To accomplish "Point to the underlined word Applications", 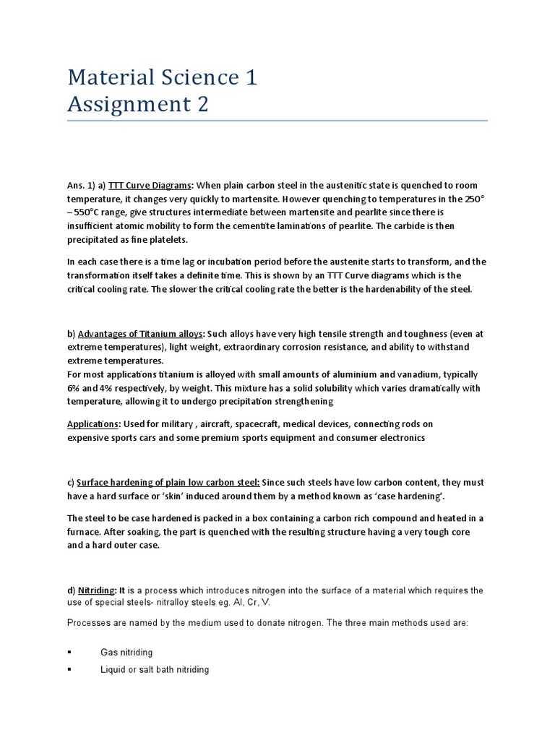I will [x=92, y=424].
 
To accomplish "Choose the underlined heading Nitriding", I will [x=96, y=590].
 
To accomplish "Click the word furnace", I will [x=84, y=532].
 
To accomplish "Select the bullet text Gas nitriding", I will [x=126, y=653].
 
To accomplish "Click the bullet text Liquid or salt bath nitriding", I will [x=155, y=670].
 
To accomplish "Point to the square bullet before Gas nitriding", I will [x=69, y=653].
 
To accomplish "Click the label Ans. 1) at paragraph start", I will [x=81, y=186].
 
